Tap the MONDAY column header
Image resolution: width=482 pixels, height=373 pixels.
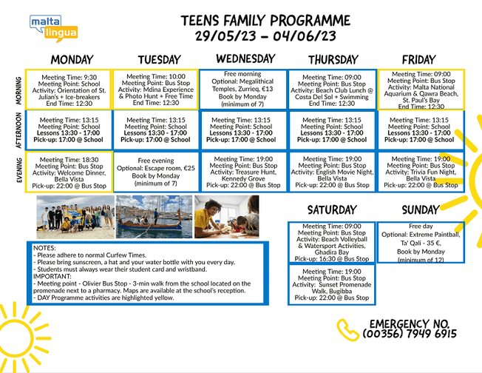tap(72, 60)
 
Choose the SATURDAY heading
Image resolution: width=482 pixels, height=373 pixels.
tap(331, 211)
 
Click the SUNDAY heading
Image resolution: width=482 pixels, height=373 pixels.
tap(420, 211)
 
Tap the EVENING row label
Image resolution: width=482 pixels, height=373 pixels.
tap(20, 172)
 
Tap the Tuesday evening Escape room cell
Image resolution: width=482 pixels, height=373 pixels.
tap(156, 172)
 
